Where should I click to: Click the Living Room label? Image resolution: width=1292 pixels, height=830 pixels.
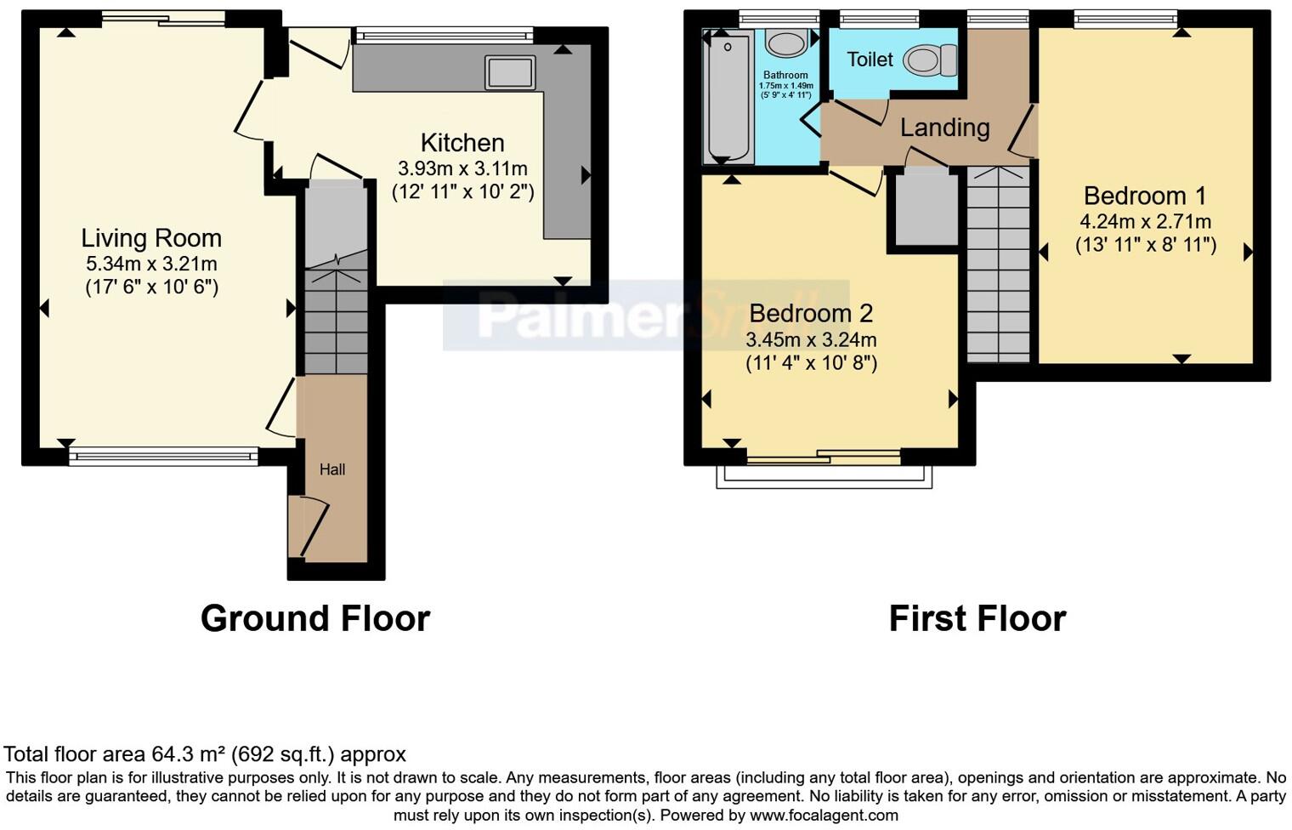coord(151,238)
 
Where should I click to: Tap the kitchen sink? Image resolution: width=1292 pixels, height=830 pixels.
coord(510,72)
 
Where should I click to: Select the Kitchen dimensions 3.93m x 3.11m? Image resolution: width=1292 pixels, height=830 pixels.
coord(462,168)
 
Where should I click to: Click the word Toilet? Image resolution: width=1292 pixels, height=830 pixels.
coord(870,60)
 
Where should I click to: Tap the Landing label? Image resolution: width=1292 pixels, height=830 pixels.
coord(944,128)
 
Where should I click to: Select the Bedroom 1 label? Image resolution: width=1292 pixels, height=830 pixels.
coord(1144,196)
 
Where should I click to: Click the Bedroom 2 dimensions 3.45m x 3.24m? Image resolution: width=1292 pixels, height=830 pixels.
coord(811,340)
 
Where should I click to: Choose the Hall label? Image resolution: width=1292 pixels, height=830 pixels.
coord(332,469)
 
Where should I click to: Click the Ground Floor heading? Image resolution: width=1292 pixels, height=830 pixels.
coord(314,618)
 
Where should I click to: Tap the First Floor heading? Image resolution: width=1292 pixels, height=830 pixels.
coord(977,618)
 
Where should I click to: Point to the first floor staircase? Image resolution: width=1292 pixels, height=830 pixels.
coord(998,264)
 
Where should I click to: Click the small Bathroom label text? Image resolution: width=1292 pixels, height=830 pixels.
coord(785,75)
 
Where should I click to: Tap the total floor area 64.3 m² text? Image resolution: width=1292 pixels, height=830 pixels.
coord(205,754)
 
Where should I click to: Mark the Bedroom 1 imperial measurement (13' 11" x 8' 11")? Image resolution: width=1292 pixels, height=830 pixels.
coord(1145,246)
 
